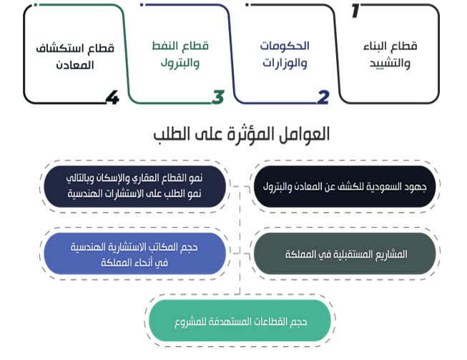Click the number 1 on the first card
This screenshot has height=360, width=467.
pyautogui.click(x=355, y=11)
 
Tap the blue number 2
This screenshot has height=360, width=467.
pyautogui.click(x=323, y=97)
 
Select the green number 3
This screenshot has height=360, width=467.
pyautogui.click(x=218, y=97)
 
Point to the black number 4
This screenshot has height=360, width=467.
pyautogui.click(x=112, y=97)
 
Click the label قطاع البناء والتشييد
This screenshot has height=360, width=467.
pyautogui.click(x=390, y=55)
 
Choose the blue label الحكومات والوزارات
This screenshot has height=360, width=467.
pyautogui.click(x=285, y=55)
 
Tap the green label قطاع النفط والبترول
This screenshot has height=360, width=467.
pyautogui.click(x=180, y=55)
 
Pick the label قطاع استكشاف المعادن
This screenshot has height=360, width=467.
pyautogui.click(x=75, y=57)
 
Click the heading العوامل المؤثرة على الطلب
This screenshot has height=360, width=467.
pyautogui.click(x=242, y=135)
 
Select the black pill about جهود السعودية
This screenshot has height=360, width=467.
pyautogui.click(x=345, y=187)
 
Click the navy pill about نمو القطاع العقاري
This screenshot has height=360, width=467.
pyautogui.click(x=134, y=187)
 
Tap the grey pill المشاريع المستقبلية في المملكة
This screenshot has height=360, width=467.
pyautogui.click(x=345, y=253)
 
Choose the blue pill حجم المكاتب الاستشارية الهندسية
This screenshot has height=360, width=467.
pyautogui.click(x=134, y=253)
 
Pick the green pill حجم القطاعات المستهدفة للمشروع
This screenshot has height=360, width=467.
pyautogui.click(x=240, y=321)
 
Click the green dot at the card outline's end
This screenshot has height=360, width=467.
pyautogui.click(x=36, y=5)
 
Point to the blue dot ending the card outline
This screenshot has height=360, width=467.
pyautogui.click(x=142, y=5)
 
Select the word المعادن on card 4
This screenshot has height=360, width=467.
pyautogui.click(x=75, y=65)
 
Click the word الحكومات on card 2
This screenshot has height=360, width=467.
pyautogui.click(x=285, y=46)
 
